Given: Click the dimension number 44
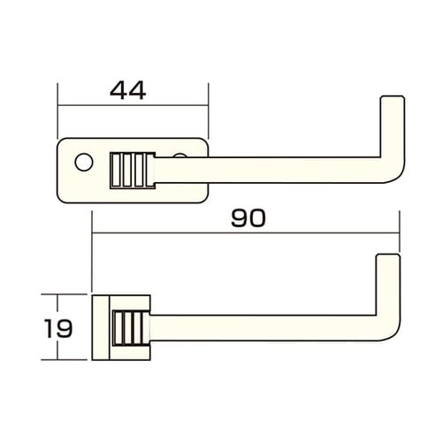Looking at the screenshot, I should point(127,90).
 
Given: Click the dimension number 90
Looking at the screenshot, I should point(248,217).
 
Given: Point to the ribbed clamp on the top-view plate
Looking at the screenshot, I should point(131,170).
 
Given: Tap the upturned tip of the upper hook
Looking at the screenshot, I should point(391,103).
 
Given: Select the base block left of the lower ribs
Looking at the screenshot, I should point(100,326).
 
